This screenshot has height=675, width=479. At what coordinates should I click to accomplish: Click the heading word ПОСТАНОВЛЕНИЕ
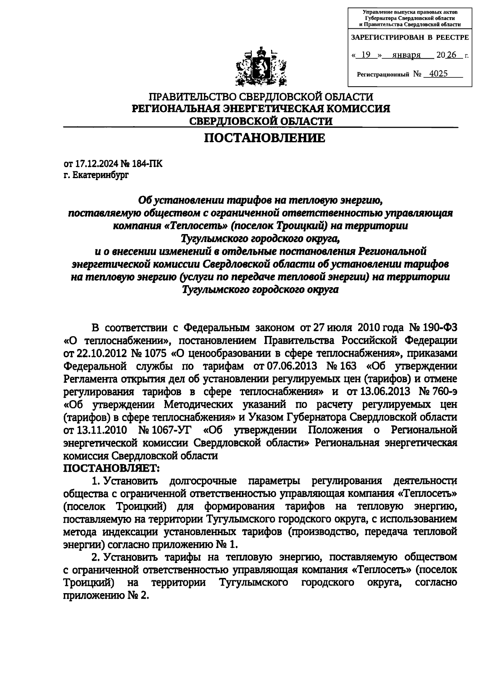click(265, 138)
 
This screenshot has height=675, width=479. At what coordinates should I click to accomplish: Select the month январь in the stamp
click(407, 55)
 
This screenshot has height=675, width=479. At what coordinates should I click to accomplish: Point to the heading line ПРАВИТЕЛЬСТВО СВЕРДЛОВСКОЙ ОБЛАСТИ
click(261, 97)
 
